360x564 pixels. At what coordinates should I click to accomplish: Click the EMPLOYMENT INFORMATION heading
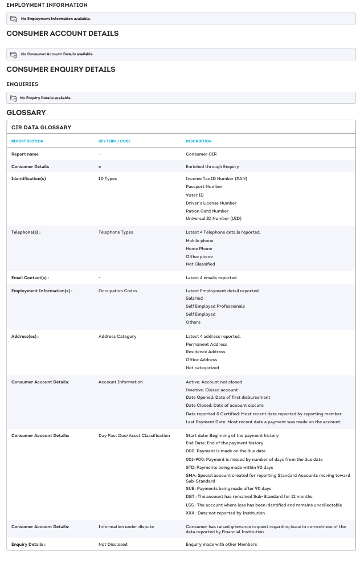(47, 5)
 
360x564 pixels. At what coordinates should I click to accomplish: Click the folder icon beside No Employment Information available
(14, 19)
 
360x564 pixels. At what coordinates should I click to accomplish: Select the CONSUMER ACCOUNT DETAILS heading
(62, 34)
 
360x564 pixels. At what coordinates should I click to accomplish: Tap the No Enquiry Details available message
(46, 98)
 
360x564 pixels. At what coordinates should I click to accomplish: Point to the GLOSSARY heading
(26, 113)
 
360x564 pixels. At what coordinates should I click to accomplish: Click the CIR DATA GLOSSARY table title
(41, 128)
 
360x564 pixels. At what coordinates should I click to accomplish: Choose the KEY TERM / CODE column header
(114, 141)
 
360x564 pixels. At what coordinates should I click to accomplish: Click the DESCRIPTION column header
(199, 141)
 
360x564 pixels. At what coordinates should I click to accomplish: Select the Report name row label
(25, 154)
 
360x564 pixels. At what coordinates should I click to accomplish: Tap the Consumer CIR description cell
(201, 154)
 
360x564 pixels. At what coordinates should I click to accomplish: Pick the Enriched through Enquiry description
(212, 167)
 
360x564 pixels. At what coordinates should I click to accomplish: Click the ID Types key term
(108, 179)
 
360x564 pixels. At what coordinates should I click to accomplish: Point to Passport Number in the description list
(204, 187)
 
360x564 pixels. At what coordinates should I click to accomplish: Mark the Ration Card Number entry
(207, 211)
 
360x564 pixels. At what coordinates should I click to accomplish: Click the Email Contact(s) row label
(30, 278)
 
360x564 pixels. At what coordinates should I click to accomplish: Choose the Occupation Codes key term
(118, 291)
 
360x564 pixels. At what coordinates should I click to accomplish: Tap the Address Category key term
(117, 337)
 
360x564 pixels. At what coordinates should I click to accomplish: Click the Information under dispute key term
(126, 527)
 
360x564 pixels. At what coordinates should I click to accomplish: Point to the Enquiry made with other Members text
(221, 545)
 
